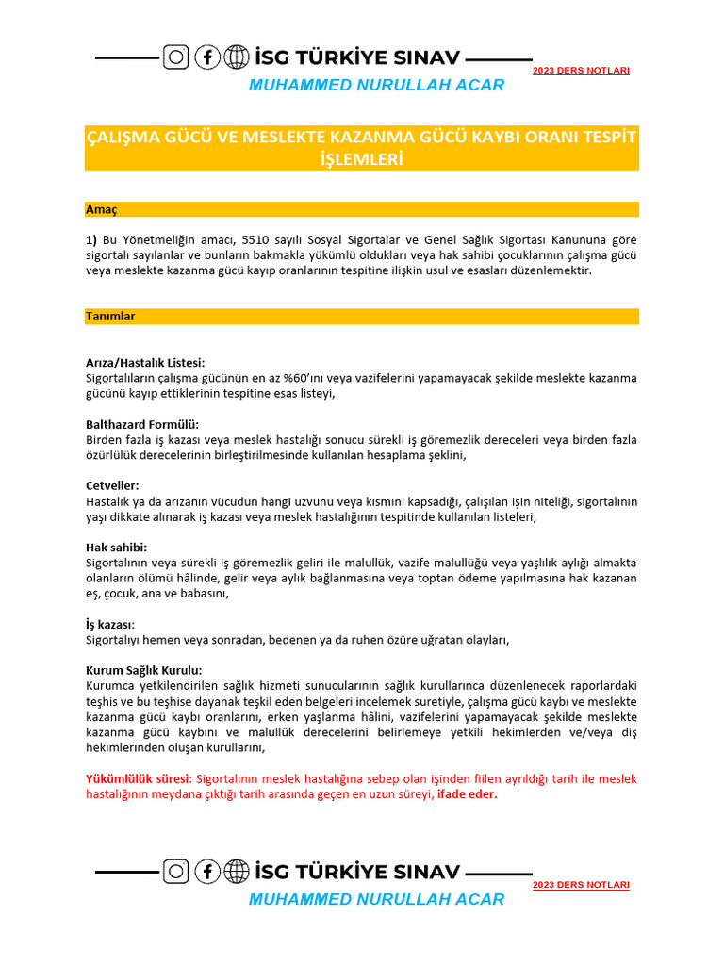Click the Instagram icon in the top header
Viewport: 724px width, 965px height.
tap(176, 57)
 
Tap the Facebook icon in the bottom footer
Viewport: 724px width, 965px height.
tap(206, 872)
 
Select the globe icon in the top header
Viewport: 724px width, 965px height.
tap(237, 57)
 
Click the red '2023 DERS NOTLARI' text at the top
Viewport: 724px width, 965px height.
tap(581, 71)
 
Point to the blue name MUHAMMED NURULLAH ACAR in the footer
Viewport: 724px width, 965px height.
tap(376, 899)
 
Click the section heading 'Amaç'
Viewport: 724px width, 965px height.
tap(101, 209)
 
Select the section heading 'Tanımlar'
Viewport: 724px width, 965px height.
tap(110, 317)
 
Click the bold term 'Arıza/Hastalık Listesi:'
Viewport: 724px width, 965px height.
tap(145, 362)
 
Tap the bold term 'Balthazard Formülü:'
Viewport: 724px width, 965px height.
tap(142, 424)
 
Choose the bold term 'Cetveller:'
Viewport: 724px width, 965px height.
tap(113, 485)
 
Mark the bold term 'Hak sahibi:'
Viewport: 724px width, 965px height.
tap(117, 547)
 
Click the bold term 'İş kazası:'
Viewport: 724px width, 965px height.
tap(110, 624)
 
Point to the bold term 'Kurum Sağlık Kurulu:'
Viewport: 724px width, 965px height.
tap(144, 670)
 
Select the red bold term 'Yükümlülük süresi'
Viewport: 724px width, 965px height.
tap(138, 778)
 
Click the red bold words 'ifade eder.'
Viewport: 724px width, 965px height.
tap(468, 794)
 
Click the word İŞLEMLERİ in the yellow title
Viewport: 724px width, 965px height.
tap(362, 159)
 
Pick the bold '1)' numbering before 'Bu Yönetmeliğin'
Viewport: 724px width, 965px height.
tap(91, 238)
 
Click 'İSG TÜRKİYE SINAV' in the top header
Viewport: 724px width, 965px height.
tap(356, 57)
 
